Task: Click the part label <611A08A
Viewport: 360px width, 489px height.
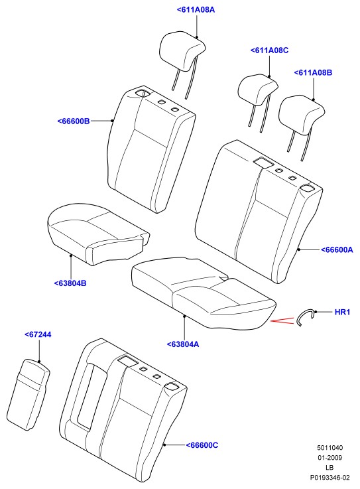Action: tap(196, 10)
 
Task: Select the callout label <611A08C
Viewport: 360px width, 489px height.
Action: tap(269, 50)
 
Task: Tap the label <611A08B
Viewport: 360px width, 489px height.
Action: tap(313, 73)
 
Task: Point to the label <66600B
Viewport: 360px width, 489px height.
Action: tap(74, 121)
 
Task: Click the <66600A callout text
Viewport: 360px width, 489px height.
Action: tap(337, 249)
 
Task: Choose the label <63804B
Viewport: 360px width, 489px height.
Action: tap(70, 283)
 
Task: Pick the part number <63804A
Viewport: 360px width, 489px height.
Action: tap(182, 344)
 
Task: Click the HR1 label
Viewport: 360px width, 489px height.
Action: tap(342, 312)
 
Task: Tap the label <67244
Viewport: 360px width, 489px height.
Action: tap(38, 334)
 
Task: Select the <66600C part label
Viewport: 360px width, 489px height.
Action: tap(202, 445)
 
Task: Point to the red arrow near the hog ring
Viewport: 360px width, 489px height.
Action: tap(282, 320)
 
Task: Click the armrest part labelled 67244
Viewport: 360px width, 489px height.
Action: tap(28, 395)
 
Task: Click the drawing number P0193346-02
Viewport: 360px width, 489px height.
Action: tap(330, 478)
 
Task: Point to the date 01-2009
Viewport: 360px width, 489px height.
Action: tap(330, 458)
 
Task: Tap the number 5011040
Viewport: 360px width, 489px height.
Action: tap(330, 448)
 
